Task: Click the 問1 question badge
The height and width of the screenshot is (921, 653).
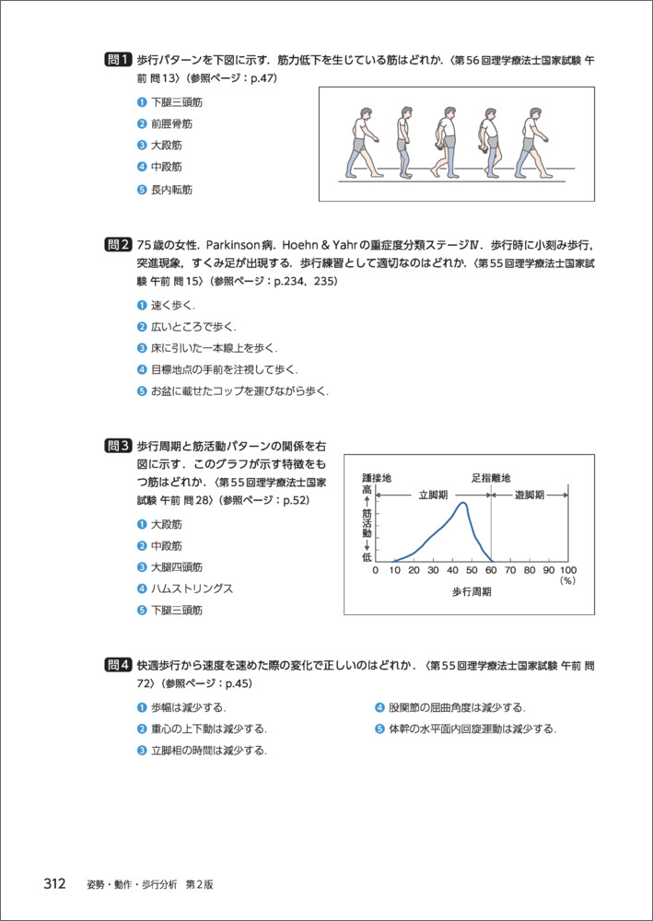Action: [x=119, y=61]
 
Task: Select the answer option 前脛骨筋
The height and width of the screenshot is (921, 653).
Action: [x=171, y=123]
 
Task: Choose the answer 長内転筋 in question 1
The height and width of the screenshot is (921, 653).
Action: [x=171, y=190]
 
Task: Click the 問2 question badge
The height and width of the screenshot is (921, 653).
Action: [x=119, y=246]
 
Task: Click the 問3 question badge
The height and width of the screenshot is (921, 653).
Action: [x=119, y=445]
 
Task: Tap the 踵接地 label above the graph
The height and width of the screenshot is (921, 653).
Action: [x=376, y=479]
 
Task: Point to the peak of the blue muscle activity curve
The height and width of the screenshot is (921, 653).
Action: [x=462, y=503]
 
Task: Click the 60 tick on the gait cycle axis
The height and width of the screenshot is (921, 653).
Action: [x=491, y=571]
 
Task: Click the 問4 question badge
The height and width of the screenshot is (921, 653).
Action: [x=119, y=665]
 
